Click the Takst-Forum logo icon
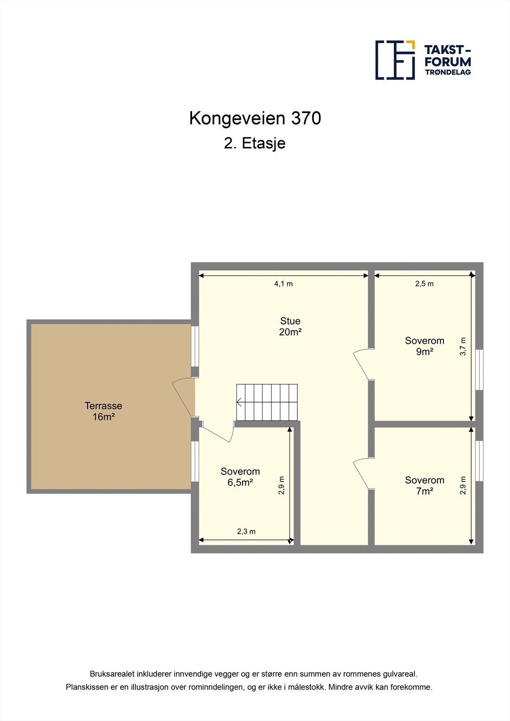pyautogui.click(x=395, y=60)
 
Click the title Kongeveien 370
pyautogui.click(x=255, y=118)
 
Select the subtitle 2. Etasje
pyautogui.click(x=255, y=143)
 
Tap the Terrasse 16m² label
pyautogui.click(x=103, y=411)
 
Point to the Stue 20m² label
pyautogui.click(x=290, y=326)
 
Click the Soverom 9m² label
pyautogui.click(x=424, y=346)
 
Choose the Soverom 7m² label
pyautogui.click(x=424, y=485)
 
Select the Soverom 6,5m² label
pyautogui.click(x=240, y=477)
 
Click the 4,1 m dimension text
pyautogui.click(x=284, y=284)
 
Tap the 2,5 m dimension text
pyautogui.click(x=424, y=284)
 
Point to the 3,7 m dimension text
pyautogui.click(x=463, y=347)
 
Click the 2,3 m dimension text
pyautogui.click(x=246, y=532)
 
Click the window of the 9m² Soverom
pyautogui.click(x=479, y=370)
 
